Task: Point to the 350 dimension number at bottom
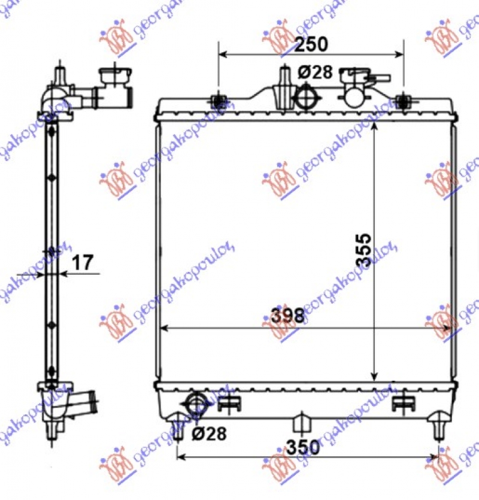coord(302,446)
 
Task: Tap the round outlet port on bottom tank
coord(196,402)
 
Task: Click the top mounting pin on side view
coord(59,77)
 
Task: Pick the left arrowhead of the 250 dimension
coord(222,54)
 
